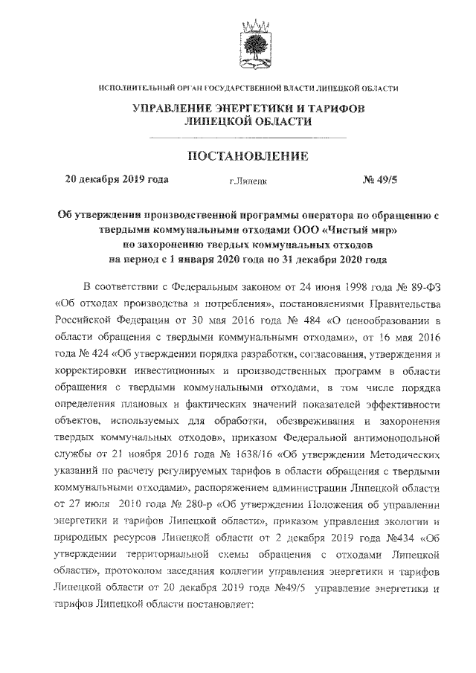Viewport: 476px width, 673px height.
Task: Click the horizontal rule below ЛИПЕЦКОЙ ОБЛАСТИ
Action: coord(248,138)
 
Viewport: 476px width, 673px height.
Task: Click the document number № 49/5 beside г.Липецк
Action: coord(380,179)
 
